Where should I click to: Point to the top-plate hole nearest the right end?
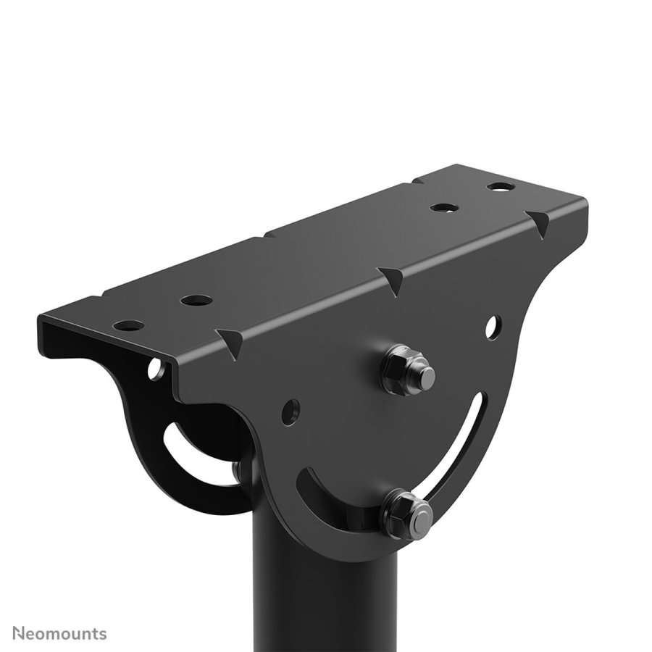tap(498, 187)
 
